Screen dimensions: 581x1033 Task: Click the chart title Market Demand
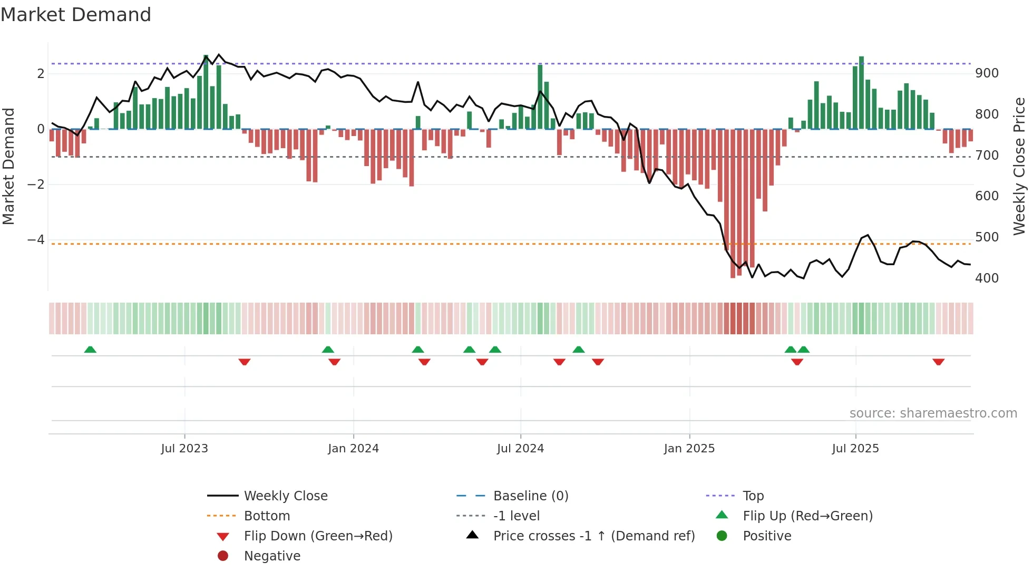tap(76, 15)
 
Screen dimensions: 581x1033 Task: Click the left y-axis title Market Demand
tap(9, 166)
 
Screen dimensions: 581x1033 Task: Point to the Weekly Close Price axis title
tap(1019, 166)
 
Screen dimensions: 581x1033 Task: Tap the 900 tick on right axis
tap(987, 73)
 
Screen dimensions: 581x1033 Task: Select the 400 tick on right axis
tap(987, 278)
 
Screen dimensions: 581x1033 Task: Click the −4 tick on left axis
tap(36, 240)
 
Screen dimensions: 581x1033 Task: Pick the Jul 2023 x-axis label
tap(184, 449)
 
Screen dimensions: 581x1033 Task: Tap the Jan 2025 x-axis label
tap(689, 449)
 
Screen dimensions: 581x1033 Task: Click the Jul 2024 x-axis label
tap(520, 449)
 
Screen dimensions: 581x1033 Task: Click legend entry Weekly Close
tap(286, 496)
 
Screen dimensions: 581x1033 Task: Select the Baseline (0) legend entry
tap(531, 496)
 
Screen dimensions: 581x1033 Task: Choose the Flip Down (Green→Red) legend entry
tap(318, 536)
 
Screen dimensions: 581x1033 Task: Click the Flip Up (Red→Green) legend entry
tap(807, 516)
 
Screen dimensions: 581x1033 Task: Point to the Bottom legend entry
tap(267, 516)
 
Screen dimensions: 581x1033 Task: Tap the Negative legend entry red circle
tap(223, 556)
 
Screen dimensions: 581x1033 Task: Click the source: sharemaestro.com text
tap(933, 413)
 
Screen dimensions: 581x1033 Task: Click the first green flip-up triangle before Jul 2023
tap(90, 350)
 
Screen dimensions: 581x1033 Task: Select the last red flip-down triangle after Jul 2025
tap(938, 362)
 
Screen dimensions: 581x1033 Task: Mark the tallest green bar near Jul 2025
tap(861, 92)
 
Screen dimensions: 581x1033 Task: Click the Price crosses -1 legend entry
tap(594, 536)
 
